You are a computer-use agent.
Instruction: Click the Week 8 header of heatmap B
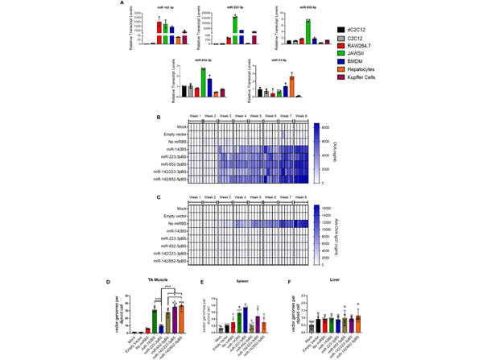coord(299,116)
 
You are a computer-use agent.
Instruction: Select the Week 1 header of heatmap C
coord(195,197)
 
